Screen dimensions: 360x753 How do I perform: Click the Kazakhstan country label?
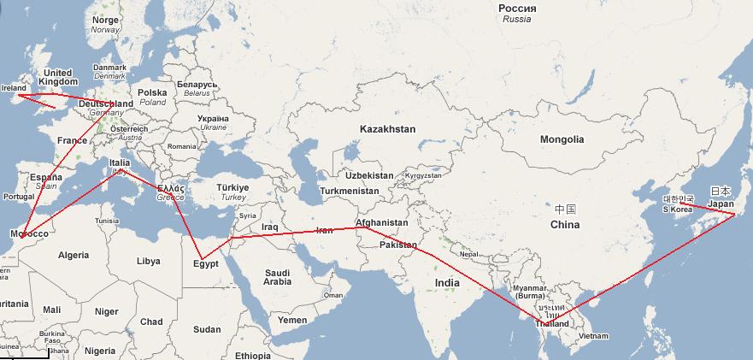(387, 129)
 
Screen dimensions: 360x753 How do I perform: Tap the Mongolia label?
(562, 139)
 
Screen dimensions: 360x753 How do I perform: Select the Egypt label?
(206, 263)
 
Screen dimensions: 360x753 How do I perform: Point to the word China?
(564, 225)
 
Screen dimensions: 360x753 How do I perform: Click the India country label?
(447, 282)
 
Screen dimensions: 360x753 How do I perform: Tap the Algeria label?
(73, 255)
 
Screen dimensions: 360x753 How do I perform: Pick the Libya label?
(148, 260)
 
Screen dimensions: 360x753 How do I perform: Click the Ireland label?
(15, 87)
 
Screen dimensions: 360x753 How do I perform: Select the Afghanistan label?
(381, 222)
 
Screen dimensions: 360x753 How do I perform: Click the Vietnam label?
(593, 336)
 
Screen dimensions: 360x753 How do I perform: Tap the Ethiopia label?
(253, 355)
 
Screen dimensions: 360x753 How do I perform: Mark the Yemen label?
(292, 320)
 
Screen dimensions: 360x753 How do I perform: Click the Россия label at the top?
(517, 8)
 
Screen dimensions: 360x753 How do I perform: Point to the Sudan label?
(207, 329)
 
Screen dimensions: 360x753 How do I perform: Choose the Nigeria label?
(100, 351)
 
